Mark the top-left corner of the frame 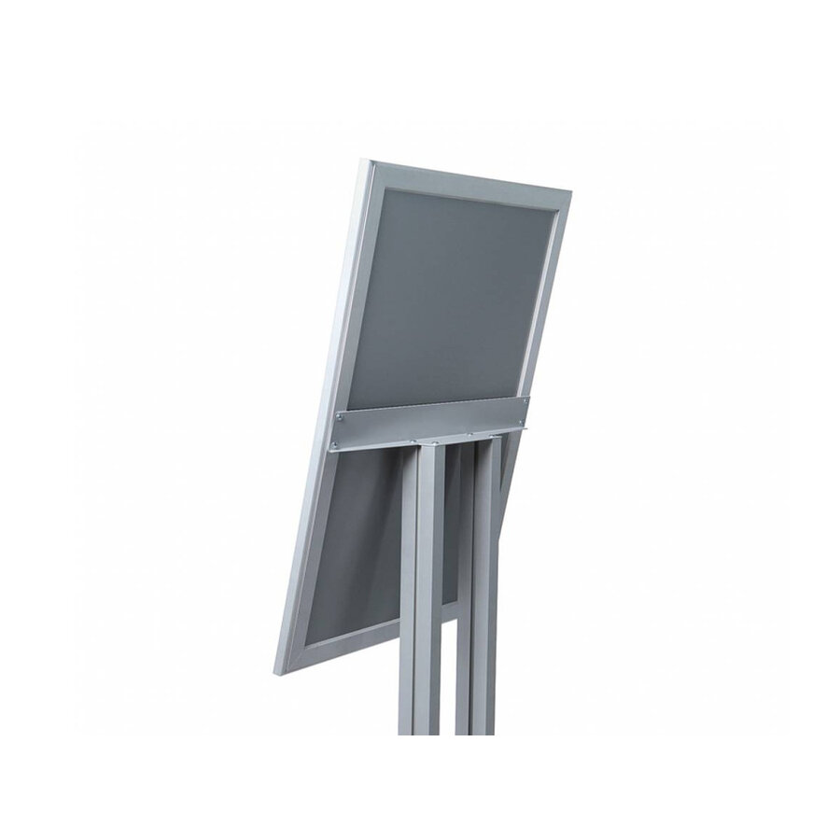point(360,160)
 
